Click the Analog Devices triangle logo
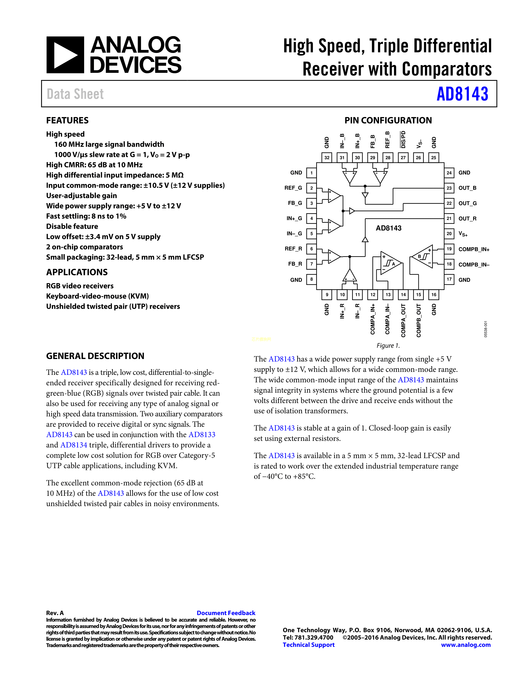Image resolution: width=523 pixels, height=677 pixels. pos(65,55)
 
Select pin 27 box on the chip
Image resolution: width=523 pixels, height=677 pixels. pos(403,158)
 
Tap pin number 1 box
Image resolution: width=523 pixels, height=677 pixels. pos(311,173)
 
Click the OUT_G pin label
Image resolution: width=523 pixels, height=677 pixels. pos(467,203)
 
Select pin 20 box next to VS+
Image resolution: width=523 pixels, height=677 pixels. pos(449,234)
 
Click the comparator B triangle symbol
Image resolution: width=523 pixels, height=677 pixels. pos(423,257)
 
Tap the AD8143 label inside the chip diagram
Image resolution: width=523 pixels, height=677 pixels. pos(388,228)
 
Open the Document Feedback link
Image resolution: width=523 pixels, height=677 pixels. pos(226,613)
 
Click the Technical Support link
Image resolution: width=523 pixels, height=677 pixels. pos(309,645)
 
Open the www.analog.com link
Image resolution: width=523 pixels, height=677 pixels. pos(466,645)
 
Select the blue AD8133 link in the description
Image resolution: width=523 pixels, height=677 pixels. pos(202,435)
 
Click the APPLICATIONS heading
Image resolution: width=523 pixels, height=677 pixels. pos(77,272)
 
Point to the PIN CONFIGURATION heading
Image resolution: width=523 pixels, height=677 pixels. pos(388,120)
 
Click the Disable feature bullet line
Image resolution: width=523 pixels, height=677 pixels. pos(72,226)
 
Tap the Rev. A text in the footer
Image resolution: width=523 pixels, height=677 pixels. pos(55,613)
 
